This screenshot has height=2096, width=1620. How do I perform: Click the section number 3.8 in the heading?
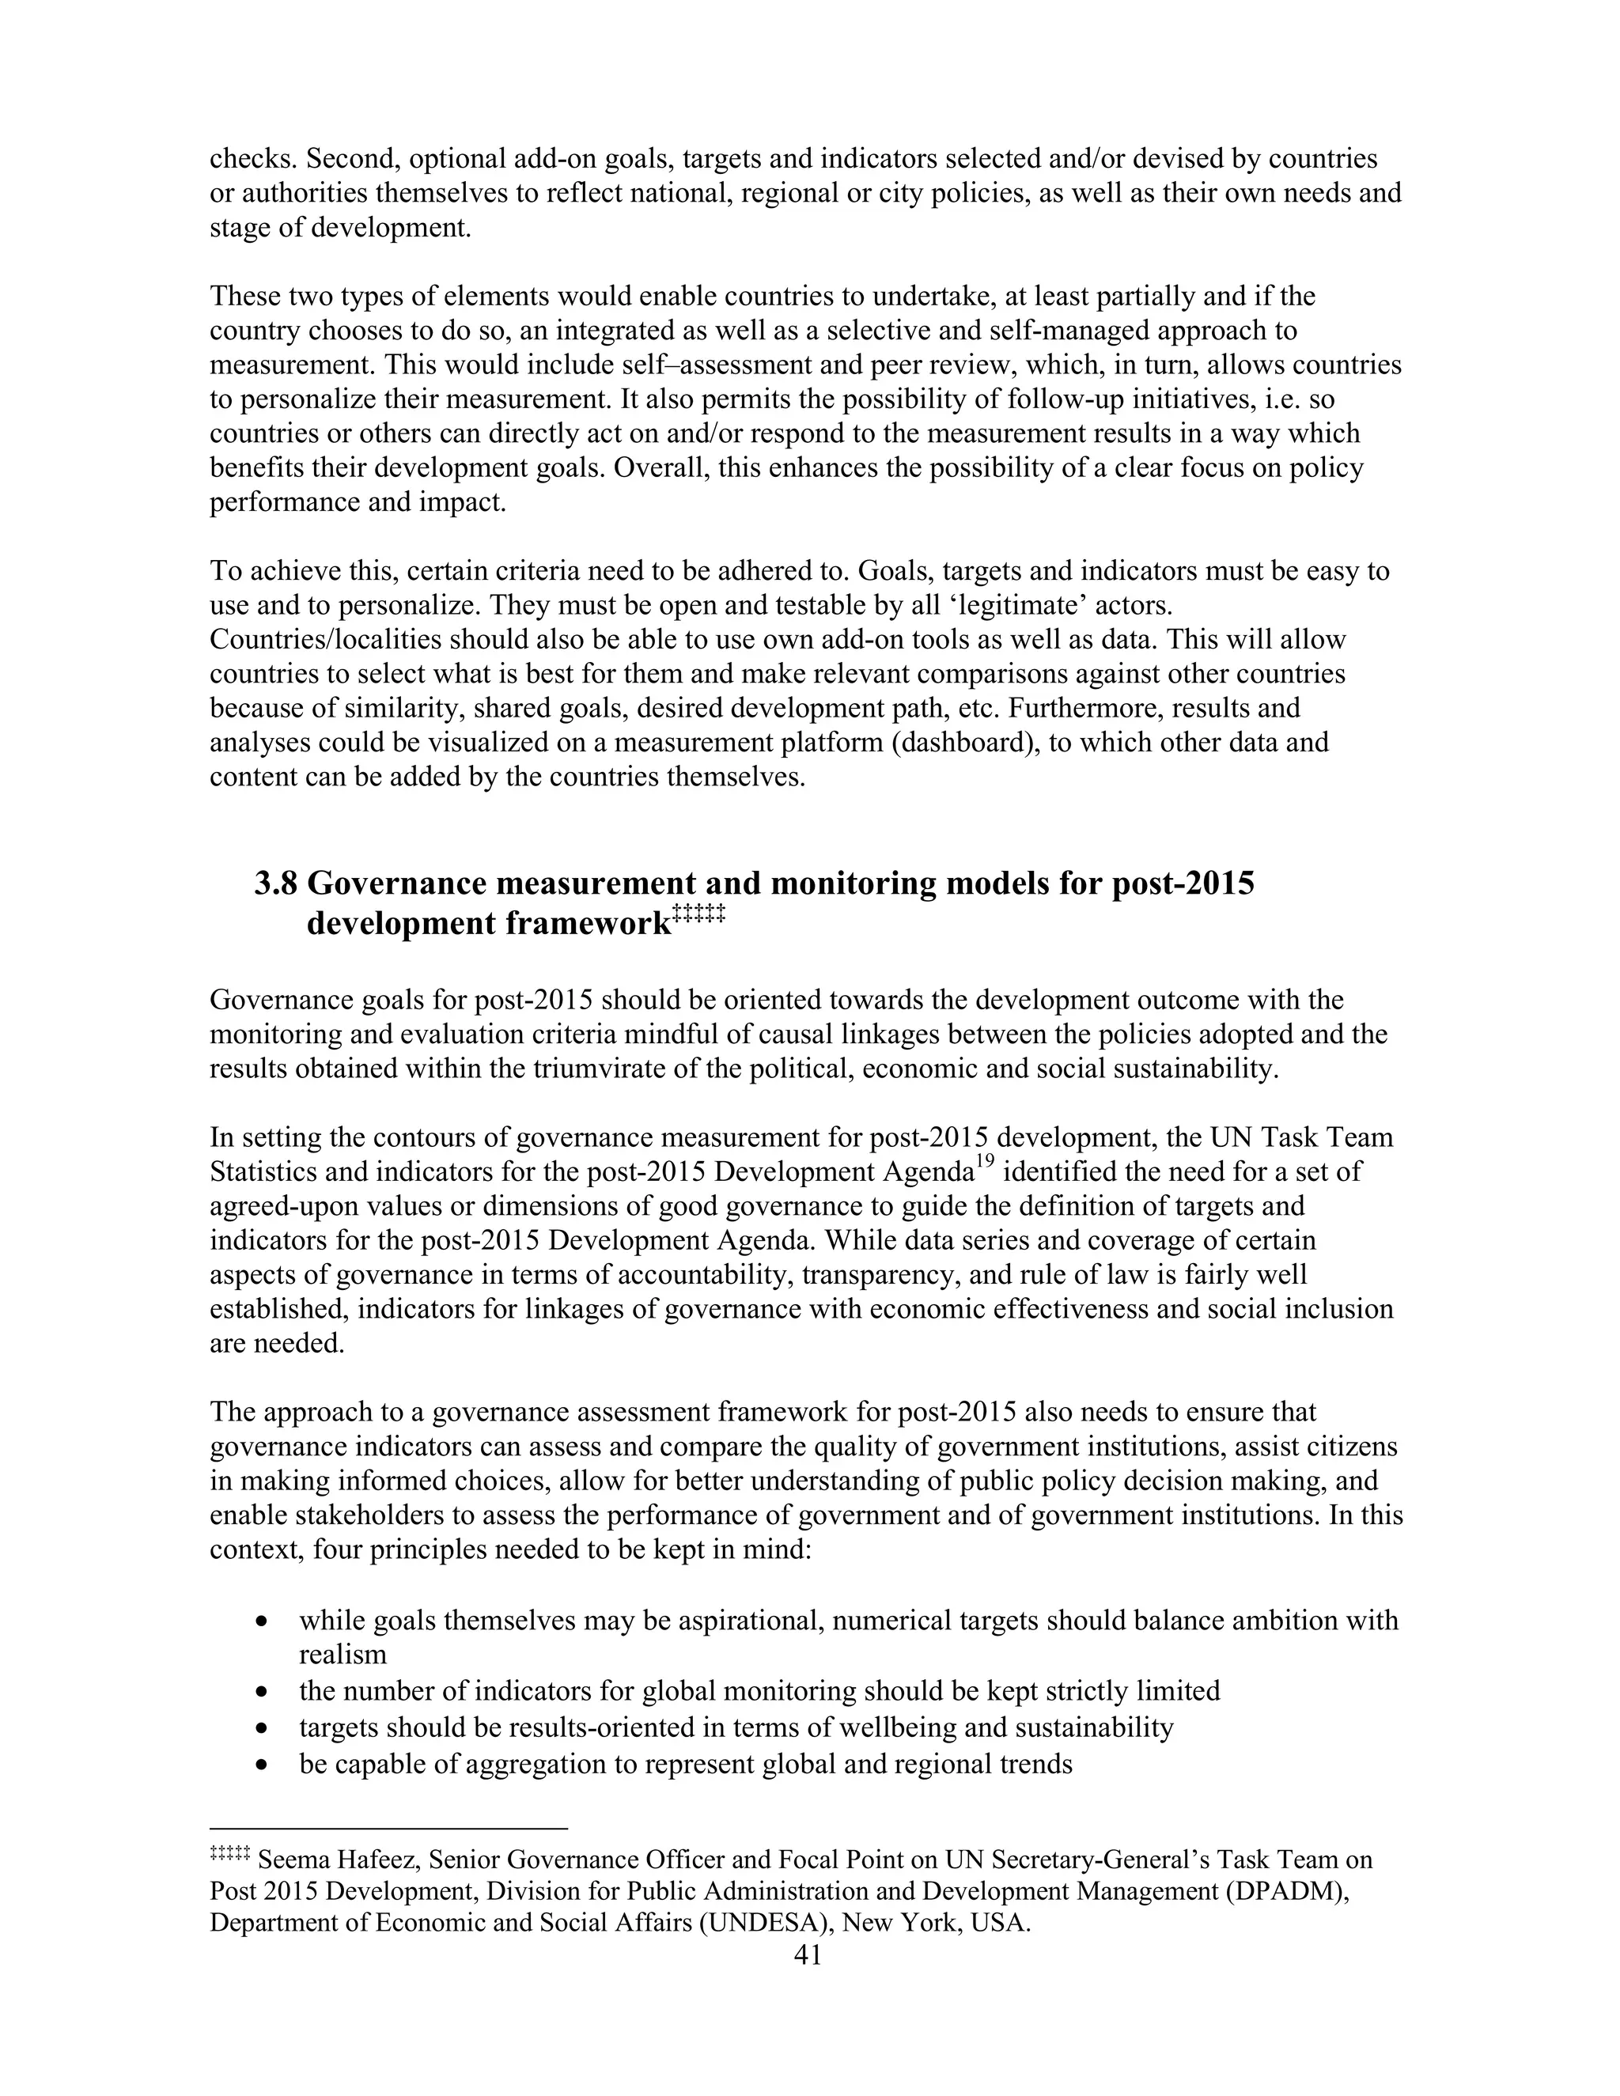pos(275,883)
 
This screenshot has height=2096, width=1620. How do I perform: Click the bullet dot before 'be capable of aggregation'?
pos(263,1765)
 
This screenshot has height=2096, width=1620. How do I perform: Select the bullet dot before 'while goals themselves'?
pos(263,1621)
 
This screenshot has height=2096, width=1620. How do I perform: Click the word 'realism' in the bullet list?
pos(343,1655)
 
